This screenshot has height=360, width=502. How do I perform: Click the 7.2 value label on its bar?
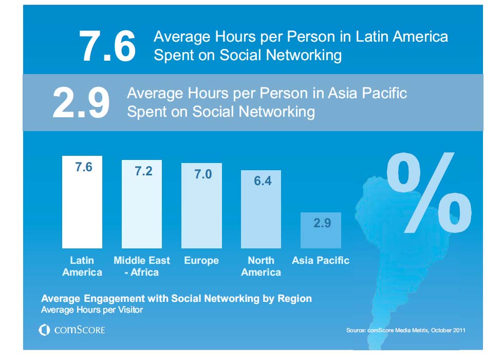[143, 171]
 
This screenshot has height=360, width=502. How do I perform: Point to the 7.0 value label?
[202, 174]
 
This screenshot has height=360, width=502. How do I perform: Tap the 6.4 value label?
[263, 181]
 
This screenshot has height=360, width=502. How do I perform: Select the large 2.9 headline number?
[81, 102]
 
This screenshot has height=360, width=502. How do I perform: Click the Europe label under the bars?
[201, 261]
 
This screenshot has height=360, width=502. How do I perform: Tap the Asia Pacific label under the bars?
[321, 261]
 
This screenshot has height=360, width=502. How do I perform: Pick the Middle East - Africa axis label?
[142, 266]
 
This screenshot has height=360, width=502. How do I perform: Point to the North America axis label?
[261, 266]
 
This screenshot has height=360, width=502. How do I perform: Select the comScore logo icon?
[44, 330]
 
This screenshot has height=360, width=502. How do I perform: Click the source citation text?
[406, 330]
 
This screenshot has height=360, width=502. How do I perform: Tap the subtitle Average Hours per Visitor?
[92, 310]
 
